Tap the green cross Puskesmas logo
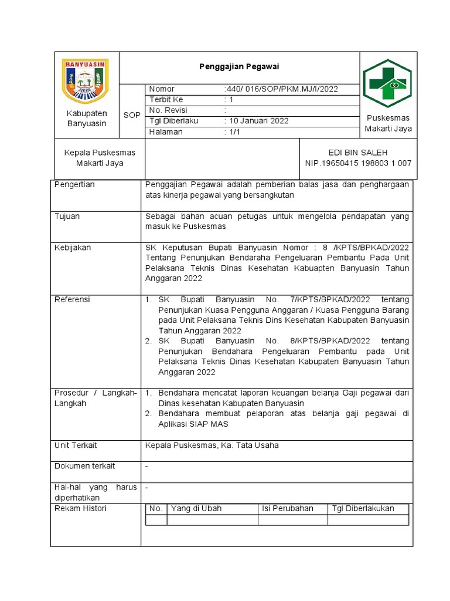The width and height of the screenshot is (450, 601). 387,83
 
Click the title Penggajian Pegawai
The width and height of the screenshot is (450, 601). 237,67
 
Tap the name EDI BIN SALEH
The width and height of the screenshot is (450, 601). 358,153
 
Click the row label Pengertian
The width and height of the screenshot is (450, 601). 74,185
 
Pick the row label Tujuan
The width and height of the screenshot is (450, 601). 67,217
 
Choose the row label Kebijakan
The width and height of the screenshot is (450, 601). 72,248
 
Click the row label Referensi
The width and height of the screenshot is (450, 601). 72,300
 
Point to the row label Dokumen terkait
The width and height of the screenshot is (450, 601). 84,466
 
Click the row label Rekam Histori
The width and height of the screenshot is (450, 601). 80,508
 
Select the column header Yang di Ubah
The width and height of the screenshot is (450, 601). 196,509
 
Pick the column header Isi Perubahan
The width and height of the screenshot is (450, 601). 288,509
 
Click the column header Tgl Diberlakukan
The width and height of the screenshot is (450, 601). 363,509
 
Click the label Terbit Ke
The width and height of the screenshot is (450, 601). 166,100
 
